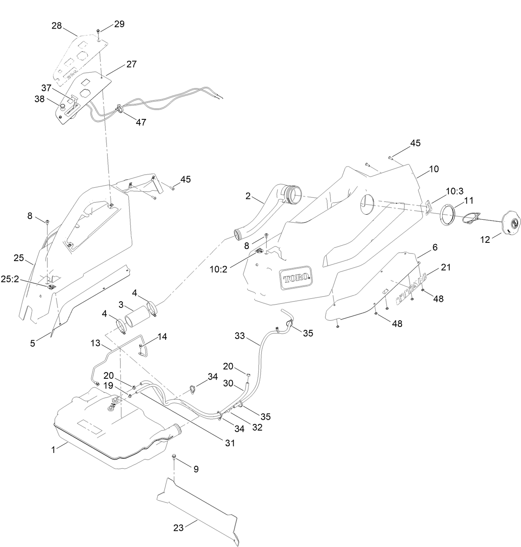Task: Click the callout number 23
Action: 178,528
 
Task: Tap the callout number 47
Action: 141,123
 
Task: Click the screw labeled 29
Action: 98,31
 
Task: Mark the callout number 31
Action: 230,443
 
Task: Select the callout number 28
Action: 57,26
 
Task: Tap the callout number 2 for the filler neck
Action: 248,196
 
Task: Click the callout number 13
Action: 96,343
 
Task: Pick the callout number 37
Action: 46,88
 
